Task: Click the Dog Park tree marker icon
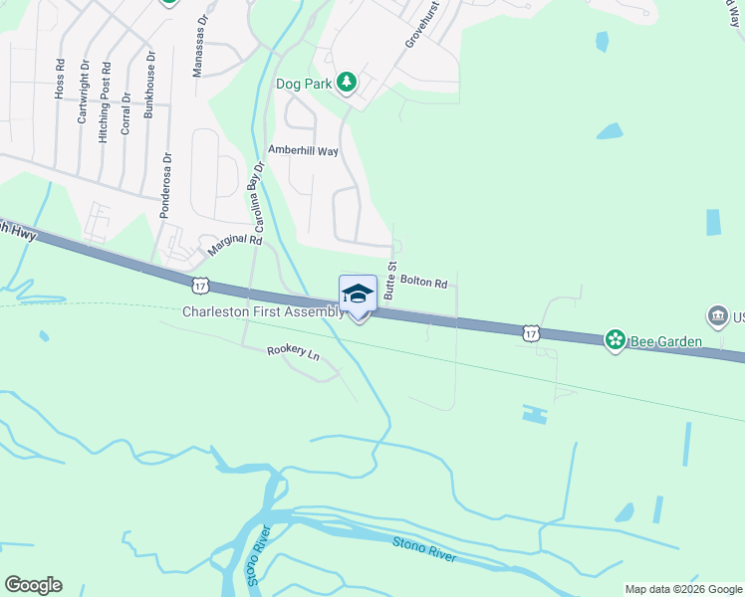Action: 347,83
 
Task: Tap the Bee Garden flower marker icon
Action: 616,340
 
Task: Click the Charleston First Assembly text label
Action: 263,312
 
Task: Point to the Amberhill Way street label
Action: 304,150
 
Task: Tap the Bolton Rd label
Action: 424,282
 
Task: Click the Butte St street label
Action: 391,281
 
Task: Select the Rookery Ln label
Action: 293,352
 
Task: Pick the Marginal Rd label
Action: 234,240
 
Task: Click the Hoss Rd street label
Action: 61,79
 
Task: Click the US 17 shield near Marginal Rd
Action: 200,286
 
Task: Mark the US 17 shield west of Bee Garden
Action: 531,333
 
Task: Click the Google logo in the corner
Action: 33,585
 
